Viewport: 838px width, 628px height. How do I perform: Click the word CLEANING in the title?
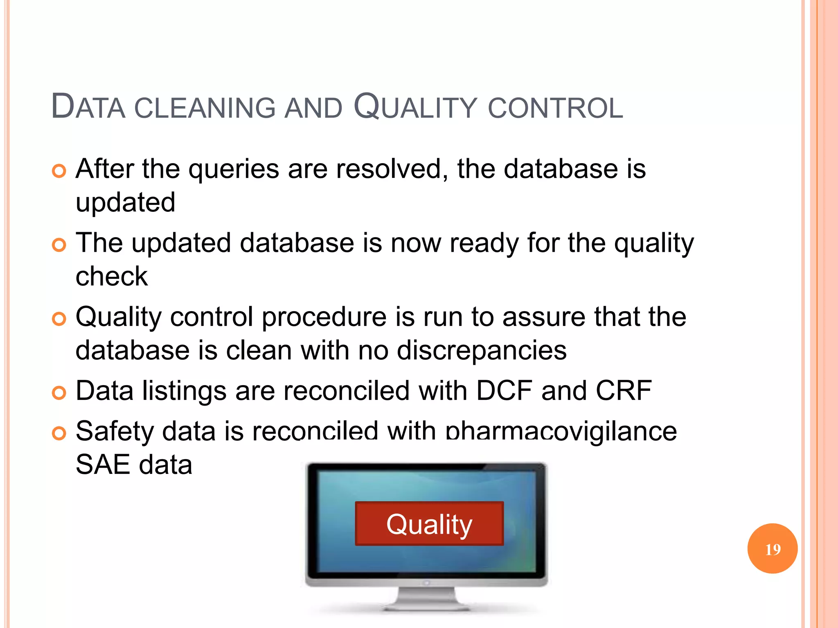coord(205,108)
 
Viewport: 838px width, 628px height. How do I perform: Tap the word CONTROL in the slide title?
coord(555,108)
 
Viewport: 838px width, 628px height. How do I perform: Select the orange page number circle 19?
coord(772,549)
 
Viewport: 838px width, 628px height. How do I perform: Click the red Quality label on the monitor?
coord(429,524)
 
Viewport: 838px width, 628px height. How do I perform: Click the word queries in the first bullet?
coord(234,169)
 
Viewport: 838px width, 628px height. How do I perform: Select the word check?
coord(112,276)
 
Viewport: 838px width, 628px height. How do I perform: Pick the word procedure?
coord(324,318)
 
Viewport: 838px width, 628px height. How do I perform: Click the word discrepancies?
coord(482,350)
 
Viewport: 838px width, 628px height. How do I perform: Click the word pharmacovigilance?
coord(561,432)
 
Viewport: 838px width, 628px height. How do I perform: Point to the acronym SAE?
coord(103,465)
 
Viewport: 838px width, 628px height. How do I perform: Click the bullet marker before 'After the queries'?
coord(59,171)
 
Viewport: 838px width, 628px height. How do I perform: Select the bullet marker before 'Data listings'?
coord(59,393)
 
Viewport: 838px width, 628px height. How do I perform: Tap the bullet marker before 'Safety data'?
coord(59,433)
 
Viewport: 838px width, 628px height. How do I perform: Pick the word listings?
coord(184,391)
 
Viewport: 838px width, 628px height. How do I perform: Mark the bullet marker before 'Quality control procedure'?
coord(59,319)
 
